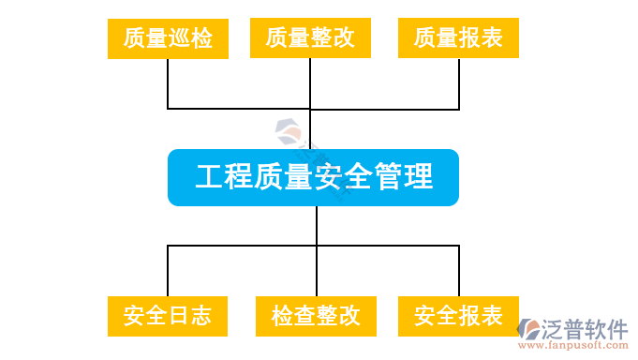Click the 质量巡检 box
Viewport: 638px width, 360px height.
click(x=169, y=38)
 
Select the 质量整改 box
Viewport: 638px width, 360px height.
click(x=310, y=38)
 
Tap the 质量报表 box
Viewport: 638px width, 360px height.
click(x=458, y=38)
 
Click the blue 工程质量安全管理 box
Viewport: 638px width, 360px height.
click(x=313, y=177)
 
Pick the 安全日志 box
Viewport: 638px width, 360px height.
click(x=169, y=315)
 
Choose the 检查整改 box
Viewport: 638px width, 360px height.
click(x=316, y=315)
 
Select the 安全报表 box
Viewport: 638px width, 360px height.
click(x=459, y=315)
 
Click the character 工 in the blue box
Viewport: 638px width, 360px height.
click(x=209, y=177)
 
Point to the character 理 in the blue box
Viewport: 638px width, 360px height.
click(x=418, y=177)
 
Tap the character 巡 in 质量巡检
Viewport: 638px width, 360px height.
click(x=180, y=38)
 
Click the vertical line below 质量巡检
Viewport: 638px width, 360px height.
click(x=168, y=82)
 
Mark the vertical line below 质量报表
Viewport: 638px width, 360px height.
click(x=459, y=82)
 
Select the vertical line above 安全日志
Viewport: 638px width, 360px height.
click(x=168, y=271)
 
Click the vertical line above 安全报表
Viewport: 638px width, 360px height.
click(x=459, y=271)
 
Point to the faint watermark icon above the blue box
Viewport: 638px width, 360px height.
click(x=287, y=130)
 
